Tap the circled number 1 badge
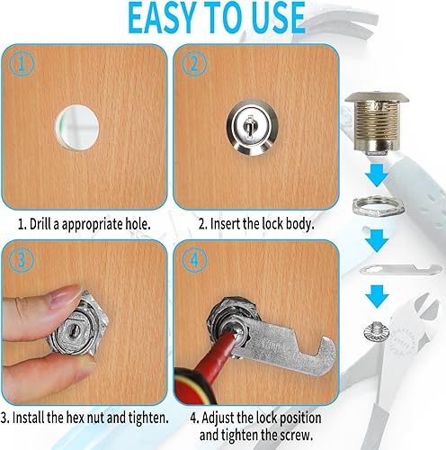(x=21, y=64)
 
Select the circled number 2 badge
(x=194, y=64)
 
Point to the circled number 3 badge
(x=21, y=260)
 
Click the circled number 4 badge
(x=194, y=260)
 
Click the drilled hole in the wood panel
(x=76, y=128)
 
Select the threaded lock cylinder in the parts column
(x=377, y=123)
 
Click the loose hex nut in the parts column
(x=379, y=205)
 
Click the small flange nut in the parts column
(x=374, y=331)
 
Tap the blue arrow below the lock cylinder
(x=377, y=175)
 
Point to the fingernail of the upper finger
(x=64, y=296)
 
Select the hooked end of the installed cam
(x=326, y=354)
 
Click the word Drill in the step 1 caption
(x=40, y=224)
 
